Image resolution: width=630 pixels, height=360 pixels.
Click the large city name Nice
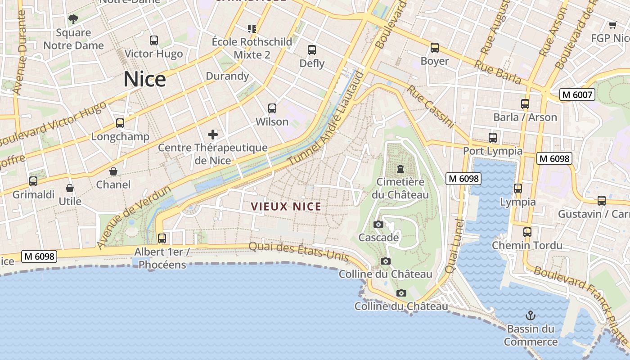point(144,79)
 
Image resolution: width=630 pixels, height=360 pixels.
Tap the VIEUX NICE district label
point(286,207)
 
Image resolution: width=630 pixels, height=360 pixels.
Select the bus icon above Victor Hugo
point(154,40)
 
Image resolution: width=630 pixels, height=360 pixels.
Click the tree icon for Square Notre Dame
point(73,19)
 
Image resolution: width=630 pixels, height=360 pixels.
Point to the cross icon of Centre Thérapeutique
point(213,134)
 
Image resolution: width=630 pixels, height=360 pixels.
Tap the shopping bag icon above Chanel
point(113,171)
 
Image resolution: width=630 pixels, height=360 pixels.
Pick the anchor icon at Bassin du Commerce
point(531,315)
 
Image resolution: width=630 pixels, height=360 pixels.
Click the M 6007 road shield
point(577,94)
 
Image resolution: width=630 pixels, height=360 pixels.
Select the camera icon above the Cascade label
point(378,224)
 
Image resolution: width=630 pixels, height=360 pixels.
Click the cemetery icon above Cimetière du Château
point(400,169)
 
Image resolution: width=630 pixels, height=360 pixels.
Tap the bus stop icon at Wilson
point(272,108)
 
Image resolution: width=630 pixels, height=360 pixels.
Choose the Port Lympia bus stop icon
point(493,138)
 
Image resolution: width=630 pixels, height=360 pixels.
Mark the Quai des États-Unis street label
point(299,251)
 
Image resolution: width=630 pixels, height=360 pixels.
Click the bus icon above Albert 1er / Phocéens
point(162,238)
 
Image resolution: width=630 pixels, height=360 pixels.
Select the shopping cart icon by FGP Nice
point(612,25)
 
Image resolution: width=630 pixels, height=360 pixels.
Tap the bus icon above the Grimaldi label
point(33,181)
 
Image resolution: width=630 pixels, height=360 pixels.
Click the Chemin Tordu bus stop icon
point(527,232)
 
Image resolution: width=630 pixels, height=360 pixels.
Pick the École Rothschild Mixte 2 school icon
point(252,29)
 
